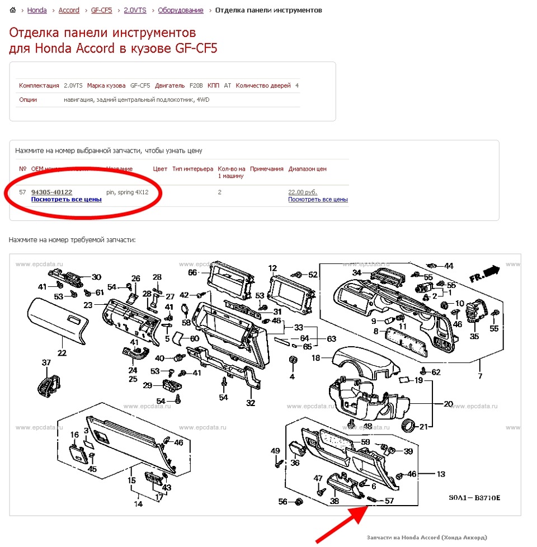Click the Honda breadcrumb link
tap(37, 10)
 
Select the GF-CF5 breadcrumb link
tap(102, 10)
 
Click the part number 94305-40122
tap(51, 192)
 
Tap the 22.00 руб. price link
tap(303, 192)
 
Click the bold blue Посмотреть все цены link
tap(66, 199)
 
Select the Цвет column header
tap(160, 168)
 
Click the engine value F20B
tap(195, 86)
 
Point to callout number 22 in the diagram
tap(62, 353)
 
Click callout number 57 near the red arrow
tap(389, 501)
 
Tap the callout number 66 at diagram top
tap(192, 272)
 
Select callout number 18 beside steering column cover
tap(315, 357)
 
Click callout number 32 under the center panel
tap(251, 403)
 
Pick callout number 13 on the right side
tap(441, 474)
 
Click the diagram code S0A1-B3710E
tap(473, 497)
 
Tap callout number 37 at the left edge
tap(46, 362)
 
